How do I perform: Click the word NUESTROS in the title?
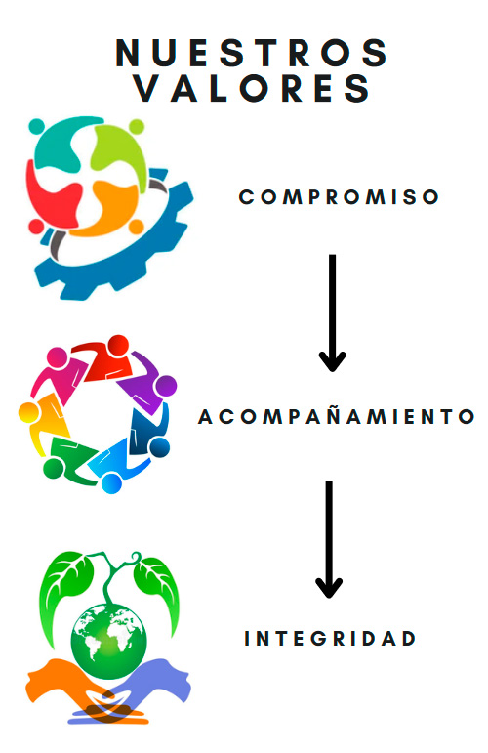pos(251,52)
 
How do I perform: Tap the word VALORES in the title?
pos(252,87)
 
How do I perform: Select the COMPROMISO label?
pos(339,197)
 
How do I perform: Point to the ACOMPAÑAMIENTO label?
pos(337,416)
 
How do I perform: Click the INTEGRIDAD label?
pos(330,638)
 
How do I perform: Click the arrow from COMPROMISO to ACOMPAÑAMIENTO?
pos(332,313)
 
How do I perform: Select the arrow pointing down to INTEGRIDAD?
pos(329,539)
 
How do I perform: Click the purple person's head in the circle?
pos(166,386)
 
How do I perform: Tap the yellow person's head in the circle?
pos(28,412)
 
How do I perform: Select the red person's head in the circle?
pos(118,346)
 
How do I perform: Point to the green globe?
pos(109,641)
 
